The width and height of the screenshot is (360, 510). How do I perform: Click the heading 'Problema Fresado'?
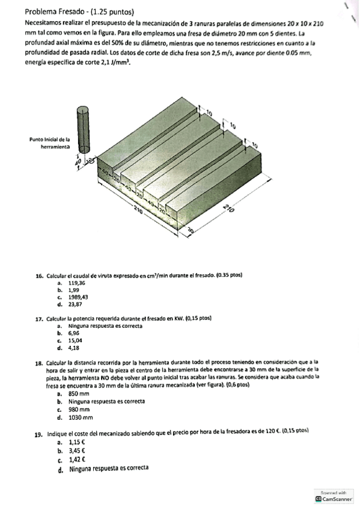pyautogui.click(x=54, y=12)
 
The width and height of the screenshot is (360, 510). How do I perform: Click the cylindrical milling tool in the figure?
pyautogui.click(x=83, y=130)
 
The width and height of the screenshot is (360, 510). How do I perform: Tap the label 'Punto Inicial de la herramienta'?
pyautogui.click(x=50, y=143)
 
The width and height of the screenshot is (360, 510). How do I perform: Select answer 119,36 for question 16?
pyautogui.click(x=77, y=283)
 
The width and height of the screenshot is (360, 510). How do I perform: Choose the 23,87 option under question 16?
pyautogui.click(x=75, y=304)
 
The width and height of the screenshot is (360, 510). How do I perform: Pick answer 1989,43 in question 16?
pyautogui.click(x=78, y=297)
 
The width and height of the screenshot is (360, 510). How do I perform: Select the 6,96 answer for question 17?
pyautogui.click(x=74, y=333)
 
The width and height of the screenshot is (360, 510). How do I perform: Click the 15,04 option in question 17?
pyautogui.click(x=75, y=340)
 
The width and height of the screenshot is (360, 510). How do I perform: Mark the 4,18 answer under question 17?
pyautogui.click(x=74, y=348)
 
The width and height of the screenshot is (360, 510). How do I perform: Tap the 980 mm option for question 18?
pyautogui.click(x=79, y=410)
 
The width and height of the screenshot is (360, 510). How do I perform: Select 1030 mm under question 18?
pyautogui.click(x=81, y=417)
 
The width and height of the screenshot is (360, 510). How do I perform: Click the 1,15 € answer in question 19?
pyautogui.click(x=77, y=443)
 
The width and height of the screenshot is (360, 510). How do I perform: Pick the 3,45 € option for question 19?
pyautogui.click(x=77, y=451)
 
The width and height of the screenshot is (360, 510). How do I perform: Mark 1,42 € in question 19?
pyautogui.click(x=77, y=459)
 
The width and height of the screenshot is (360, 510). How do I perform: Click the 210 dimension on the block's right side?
pyautogui.click(x=229, y=209)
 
